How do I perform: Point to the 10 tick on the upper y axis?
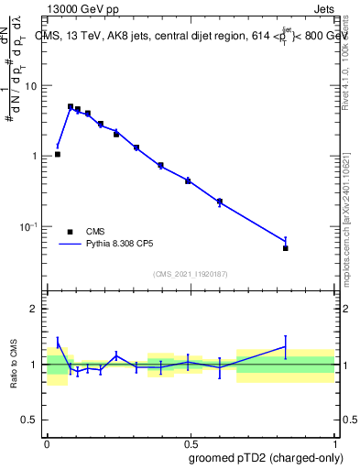point(32,85)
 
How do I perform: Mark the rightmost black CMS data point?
point(286,248)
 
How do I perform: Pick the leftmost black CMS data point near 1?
point(58,154)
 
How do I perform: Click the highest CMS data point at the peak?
point(71,106)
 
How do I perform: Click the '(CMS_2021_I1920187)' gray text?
point(191,274)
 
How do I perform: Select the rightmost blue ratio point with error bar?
point(286,346)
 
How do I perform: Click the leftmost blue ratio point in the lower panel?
point(58,343)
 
